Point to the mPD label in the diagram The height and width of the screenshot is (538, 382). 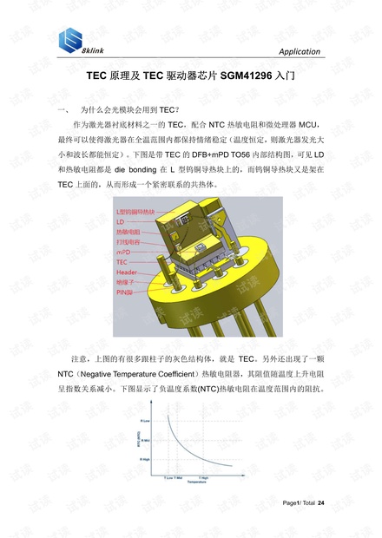click(x=123, y=251)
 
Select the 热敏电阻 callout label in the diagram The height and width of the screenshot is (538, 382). click(x=128, y=232)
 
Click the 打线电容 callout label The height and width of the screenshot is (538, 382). click(x=128, y=241)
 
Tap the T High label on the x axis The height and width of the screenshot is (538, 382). click(x=203, y=476)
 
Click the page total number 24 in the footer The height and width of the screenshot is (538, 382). click(x=321, y=504)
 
